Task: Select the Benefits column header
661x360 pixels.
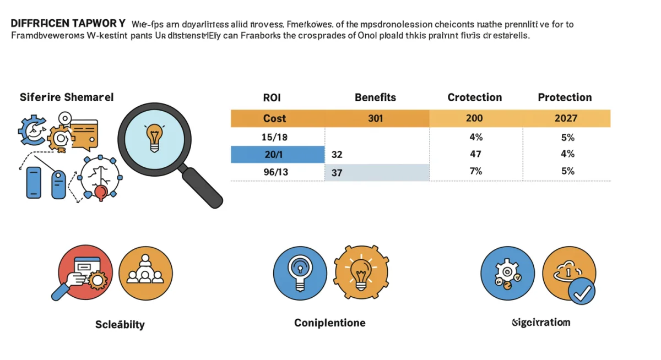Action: [x=375, y=97]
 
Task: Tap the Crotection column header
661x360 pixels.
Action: [x=474, y=97]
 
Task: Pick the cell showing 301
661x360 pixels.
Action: [x=375, y=118]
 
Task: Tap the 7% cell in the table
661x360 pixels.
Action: [x=475, y=171]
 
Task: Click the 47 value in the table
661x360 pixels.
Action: [x=475, y=154]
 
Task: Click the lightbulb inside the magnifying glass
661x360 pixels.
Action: [x=154, y=138]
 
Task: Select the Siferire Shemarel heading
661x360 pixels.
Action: [x=67, y=97]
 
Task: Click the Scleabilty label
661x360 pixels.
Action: [x=120, y=324]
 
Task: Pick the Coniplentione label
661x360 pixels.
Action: [x=329, y=323]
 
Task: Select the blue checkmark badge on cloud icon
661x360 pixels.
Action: [x=582, y=291]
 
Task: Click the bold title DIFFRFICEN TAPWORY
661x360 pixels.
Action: [x=68, y=24]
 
